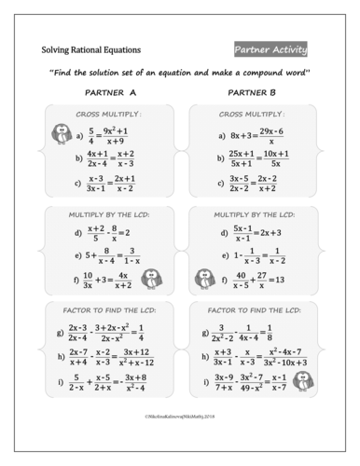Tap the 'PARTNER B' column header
pyautogui.click(x=253, y=93)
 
